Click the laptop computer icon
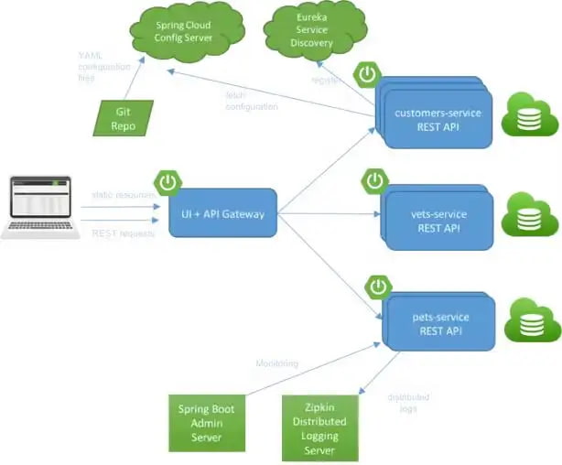coord(38,207)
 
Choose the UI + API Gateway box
coord(223,214)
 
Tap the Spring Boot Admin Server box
coord(208,420)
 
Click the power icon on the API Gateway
coord(168,182)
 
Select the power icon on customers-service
coord(368,74)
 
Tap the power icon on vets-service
coord(374,180)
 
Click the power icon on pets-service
coord(377,286)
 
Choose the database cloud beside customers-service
coord(528,114)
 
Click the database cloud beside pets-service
coord(528,321)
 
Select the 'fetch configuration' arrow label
coord(252,102)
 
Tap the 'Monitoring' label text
coord(276,363)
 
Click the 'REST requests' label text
coord(123,233)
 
